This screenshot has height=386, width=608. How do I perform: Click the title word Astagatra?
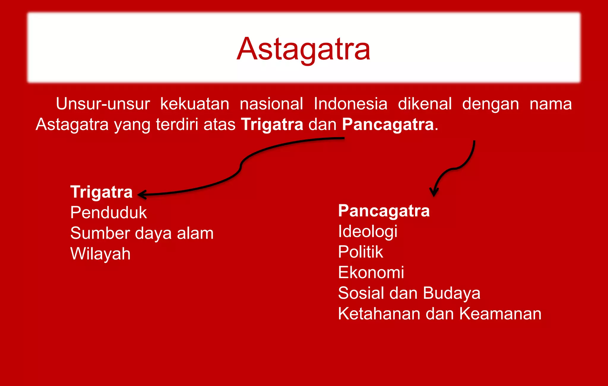[303, 49]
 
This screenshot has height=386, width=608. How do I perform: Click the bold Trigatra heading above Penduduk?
[101, 192]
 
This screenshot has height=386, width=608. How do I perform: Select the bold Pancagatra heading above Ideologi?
[384, 211]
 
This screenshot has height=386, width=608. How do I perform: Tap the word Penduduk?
[108, 213]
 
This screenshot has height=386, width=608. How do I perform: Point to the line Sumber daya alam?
[142, 233]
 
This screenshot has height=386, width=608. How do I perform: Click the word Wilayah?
[100, 254]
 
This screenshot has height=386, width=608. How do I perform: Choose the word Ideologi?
[368, 231]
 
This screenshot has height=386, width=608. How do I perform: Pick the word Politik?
[360, 252]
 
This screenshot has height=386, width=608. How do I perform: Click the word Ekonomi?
[371, 272]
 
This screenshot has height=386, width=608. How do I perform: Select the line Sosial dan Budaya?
[409, 293]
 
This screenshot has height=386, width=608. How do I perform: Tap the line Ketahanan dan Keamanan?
[439, 314]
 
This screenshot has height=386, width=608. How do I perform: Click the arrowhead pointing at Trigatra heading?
[141, 195]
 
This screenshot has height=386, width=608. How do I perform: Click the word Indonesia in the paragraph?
[350, 104]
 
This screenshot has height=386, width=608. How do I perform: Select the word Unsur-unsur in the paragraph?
[103, 104]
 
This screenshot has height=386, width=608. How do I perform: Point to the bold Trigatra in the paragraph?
[272, 124]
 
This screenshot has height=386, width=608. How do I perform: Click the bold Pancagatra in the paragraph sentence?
[388, 124]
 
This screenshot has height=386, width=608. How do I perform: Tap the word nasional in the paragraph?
[271, 104]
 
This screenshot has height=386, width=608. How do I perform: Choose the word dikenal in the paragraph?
[425, 104]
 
